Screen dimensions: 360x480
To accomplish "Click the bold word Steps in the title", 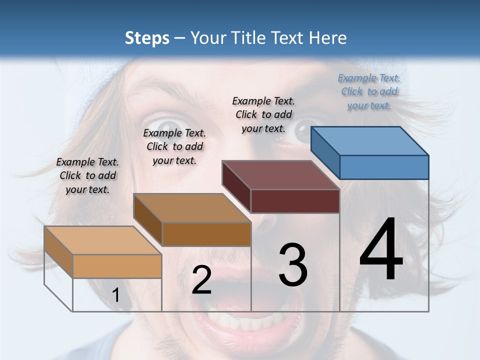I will click(x=147, y=38).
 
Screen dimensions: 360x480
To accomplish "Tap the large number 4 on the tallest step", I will click(x=381, y=250).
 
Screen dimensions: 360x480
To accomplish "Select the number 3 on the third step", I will click(x=293, y=265).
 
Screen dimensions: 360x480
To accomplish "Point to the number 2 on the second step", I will click(x=202, y=280).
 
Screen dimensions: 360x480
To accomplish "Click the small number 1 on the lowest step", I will click(x=116, y=295).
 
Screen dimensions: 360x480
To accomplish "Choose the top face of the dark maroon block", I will click(x=281, y=175).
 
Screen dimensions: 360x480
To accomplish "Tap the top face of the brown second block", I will click(x=192, y=208).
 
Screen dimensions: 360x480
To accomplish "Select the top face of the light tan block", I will click(x=103, y=240).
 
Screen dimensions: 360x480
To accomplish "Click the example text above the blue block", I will click(x=369, y=91).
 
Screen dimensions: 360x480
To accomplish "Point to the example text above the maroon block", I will click(x=264, y=114).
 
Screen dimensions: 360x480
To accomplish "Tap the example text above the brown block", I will click(x=174, y=146).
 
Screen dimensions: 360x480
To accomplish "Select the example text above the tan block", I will click(x=87, y=175).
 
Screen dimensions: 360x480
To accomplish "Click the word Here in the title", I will click(x=328, y=38).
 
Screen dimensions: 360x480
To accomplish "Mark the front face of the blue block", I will click(x=384, y=167).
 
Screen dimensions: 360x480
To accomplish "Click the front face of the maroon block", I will click(x=295, y=201).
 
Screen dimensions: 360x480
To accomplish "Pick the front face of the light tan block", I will click(x=117, y=266).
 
